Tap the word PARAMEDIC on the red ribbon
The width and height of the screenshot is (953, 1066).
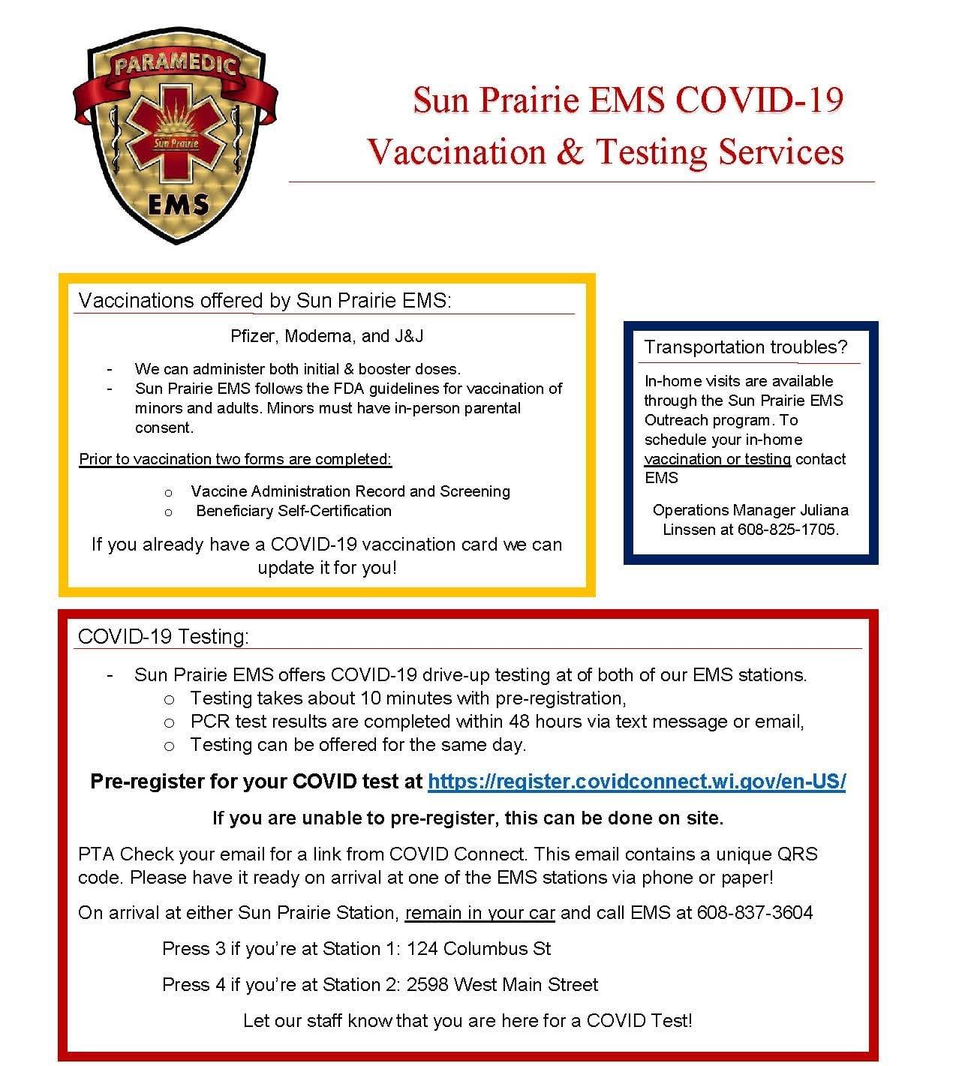tap(175, 63)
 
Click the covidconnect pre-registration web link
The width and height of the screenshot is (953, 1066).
tap(636, 782)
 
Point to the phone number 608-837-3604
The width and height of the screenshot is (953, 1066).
tap(755, 912)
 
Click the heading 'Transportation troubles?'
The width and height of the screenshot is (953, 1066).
tap(745, 347)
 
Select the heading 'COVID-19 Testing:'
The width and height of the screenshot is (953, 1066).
tap(163, 636)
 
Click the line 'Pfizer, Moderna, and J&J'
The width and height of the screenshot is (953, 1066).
tap(326, 336)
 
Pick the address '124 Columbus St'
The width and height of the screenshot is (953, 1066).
tap(479, 948)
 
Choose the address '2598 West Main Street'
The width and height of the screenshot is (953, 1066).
tap(502, 984)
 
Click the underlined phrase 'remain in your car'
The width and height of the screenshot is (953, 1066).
tap(480, 913)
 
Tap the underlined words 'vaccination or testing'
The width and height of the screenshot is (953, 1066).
tap(717, 459)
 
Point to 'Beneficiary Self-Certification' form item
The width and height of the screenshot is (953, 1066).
tap(293, 511)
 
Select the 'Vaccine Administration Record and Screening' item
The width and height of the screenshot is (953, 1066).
tap(350, 491)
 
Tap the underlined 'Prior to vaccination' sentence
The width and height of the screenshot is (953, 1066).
tap(236, 459)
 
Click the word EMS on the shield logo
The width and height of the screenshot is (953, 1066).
tap(178, 204)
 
